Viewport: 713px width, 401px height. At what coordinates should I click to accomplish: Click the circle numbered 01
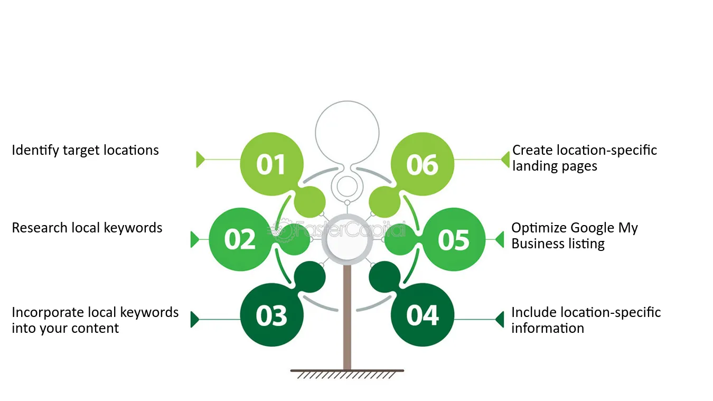pyautogui.click(x=271, y=164)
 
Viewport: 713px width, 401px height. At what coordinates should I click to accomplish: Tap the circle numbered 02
pyautogui.click(x=241, y=239)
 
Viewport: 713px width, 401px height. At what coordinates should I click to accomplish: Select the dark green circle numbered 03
pyautogui.click(x=271, y=315)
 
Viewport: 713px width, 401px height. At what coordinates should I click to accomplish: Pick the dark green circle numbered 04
pyautogui.click(x=423, y=315)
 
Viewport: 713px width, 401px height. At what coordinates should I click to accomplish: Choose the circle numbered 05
pyautogui.click(x=454, y=239)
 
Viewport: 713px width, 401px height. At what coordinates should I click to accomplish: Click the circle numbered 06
pyautogui.click(x=423, y=164)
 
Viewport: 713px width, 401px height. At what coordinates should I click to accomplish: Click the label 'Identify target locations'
pyautogui.click(x=85, y=151)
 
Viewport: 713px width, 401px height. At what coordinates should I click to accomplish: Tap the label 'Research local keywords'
pyautogui.click(x=87, y=228)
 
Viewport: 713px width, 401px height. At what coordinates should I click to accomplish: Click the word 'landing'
pyautogui.click(x=531, y=166)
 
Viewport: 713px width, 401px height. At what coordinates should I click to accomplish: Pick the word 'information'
pyautogui.click(x=548, y=329)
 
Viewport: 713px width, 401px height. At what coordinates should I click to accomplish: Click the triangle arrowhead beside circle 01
pyautogui.click(x=200, y=160)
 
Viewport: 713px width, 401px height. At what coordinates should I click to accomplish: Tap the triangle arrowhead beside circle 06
pyautogui.click(x=505, y=160)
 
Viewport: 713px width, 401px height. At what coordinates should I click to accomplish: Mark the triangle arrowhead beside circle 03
pyautogui.click(x=194, y=320)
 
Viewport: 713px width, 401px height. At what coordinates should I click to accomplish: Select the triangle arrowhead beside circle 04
pyautogui.click(x=500, y=320)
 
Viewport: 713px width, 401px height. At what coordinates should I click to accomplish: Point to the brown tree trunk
pyautogui.click(x=348, y=317)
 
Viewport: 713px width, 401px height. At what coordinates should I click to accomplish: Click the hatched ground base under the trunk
pyautogui.click(x=348, y=374)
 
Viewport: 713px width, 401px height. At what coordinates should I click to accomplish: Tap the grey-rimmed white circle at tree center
pyautogui.click(x=348, y=239)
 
